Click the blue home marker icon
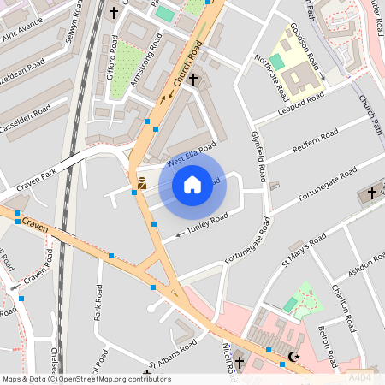click(192, 185)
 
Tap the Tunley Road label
click(208, 224)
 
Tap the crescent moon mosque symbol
click(295, 357)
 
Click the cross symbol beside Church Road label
click(193, 80)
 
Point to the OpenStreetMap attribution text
click(86, 379)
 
